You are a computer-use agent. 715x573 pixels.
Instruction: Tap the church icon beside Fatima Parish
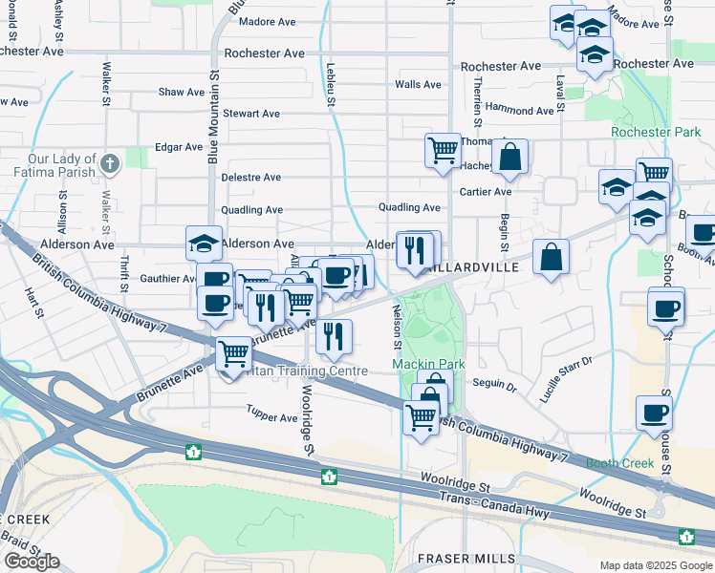[x=110, y=163]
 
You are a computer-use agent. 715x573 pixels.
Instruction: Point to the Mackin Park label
[x=427, y=364]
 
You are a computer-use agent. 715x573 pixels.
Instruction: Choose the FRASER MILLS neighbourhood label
[x=466, y=558]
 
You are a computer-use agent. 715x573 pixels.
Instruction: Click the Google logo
[x=32, y=562]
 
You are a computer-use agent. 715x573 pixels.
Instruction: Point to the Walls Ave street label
[x=418, y=84]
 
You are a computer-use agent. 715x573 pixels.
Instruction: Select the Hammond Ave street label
[x=519, y=110]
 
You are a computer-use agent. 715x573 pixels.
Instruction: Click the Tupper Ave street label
[x=271, y=418]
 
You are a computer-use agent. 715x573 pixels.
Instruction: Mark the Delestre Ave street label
[x=250, y=178]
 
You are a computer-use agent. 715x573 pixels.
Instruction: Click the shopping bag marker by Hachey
[x=510, y=157]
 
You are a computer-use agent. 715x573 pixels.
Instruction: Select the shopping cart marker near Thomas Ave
[x=443, y=150]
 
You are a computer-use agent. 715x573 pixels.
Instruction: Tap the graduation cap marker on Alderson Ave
[x=204, y=243]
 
